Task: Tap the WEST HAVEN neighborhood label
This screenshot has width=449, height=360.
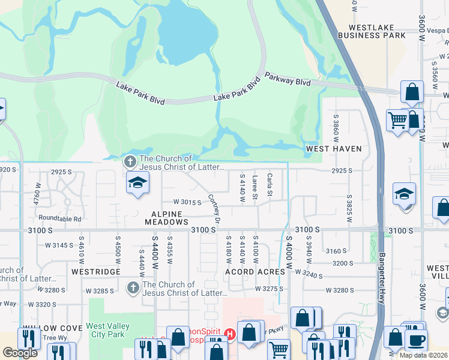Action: click(334, 148)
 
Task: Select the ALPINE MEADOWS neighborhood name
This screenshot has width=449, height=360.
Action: click(166, 218)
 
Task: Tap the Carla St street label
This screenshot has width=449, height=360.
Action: click(270, 184)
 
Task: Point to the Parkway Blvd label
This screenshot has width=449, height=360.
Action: click(288, 80)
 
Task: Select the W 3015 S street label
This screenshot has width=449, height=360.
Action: click(187, 202)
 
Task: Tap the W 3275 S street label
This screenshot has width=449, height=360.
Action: click(268, 289)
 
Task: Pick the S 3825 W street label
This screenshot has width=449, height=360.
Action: click(348, 208)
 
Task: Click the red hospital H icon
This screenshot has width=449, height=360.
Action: click(229, 334)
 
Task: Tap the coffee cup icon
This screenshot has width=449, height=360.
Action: click(415, 340)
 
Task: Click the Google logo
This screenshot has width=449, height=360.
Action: click(20, 353)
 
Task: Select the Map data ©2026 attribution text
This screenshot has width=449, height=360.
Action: click(424, 355)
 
